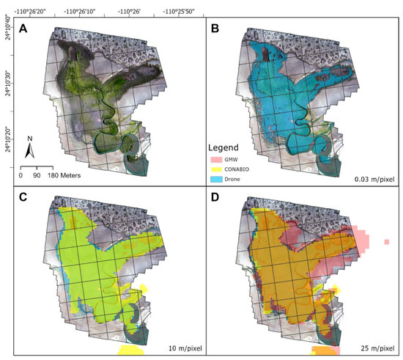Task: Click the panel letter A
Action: pos(26,29)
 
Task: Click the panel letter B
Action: pos(216,29)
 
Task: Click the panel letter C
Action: pos(26,199)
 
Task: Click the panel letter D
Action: pos(216,199)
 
